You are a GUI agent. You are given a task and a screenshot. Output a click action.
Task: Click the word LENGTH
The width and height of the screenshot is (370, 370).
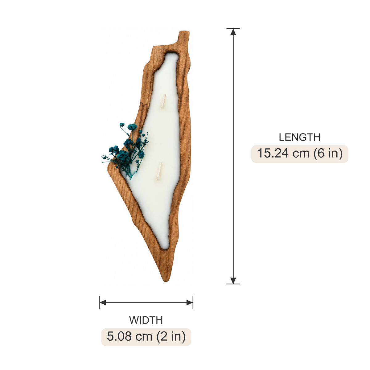click(x=299, y=137)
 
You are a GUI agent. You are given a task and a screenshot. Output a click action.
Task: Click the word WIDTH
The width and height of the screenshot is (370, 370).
click(x=146, y=320)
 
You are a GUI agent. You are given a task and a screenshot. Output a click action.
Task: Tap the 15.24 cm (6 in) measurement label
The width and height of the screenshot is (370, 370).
click(x=300, y=154)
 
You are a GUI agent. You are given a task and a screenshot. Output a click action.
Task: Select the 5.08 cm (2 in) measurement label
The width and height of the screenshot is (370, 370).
click(x=146, y=337)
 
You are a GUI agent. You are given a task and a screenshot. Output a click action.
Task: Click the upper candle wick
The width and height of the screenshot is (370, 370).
click(x=163, y=101)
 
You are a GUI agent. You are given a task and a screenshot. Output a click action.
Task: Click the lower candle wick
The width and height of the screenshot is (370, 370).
click(x=159, y=171)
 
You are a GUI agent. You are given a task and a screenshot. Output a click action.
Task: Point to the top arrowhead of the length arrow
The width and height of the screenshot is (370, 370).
click(x=233, y=32)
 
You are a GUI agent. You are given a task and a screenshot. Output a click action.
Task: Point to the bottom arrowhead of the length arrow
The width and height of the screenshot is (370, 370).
click(x=233, y=281)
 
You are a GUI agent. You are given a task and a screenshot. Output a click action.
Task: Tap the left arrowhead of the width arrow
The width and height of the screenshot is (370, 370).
click(x=103, y=303)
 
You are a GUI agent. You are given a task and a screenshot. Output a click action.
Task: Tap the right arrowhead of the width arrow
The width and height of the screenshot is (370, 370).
click(x=190, y=303)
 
